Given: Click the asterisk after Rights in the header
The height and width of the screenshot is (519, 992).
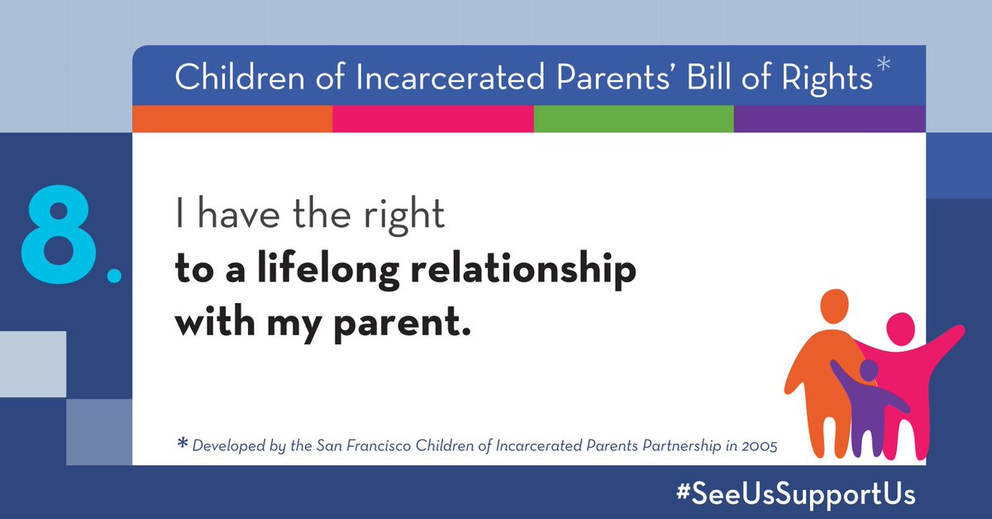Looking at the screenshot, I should [x=884, y=69].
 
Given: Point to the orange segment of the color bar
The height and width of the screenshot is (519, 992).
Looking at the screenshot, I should [x=232, y=119].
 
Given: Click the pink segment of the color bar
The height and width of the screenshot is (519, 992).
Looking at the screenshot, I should [x=432, y=119].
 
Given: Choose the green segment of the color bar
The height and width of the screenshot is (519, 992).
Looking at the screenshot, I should [x=633, y=119].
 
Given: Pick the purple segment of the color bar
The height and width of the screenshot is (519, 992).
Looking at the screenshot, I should [x=829, y=119].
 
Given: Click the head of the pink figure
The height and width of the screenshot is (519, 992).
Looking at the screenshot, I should [x=900, y=329].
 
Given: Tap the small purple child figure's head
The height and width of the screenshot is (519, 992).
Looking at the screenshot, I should [x=868, y=370].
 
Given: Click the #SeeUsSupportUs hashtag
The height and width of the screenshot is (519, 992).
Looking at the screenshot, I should [x=794, y=494].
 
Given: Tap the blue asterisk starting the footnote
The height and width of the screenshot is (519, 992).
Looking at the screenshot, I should [x=182, y=445].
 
